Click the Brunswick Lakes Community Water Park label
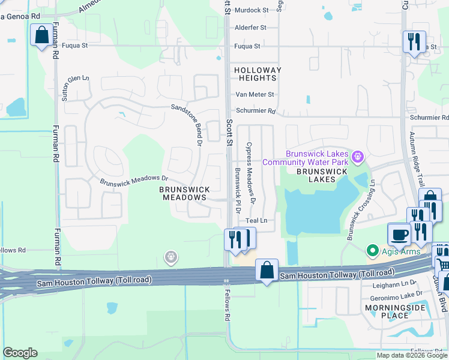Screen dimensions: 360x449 click(x=317, y=158)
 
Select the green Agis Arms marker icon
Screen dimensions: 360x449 click(x=372, y=250)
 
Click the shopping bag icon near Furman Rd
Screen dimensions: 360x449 click(x=42, y=35)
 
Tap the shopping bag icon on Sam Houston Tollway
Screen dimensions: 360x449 click(x=267, y=271)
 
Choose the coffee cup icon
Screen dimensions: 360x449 click(x=400, y=233)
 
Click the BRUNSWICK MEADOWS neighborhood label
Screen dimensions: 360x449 click(x=185, y=193)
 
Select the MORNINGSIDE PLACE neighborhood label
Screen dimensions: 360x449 click(x=395, y=311)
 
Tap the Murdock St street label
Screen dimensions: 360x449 click(x=252, y=10)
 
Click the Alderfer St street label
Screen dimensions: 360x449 click(x=251, y=28)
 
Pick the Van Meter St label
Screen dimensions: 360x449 click(x=255, y=94)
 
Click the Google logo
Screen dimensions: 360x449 click(x=20, y=353)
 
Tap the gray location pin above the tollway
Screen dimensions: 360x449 click(x=171, y=257)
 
